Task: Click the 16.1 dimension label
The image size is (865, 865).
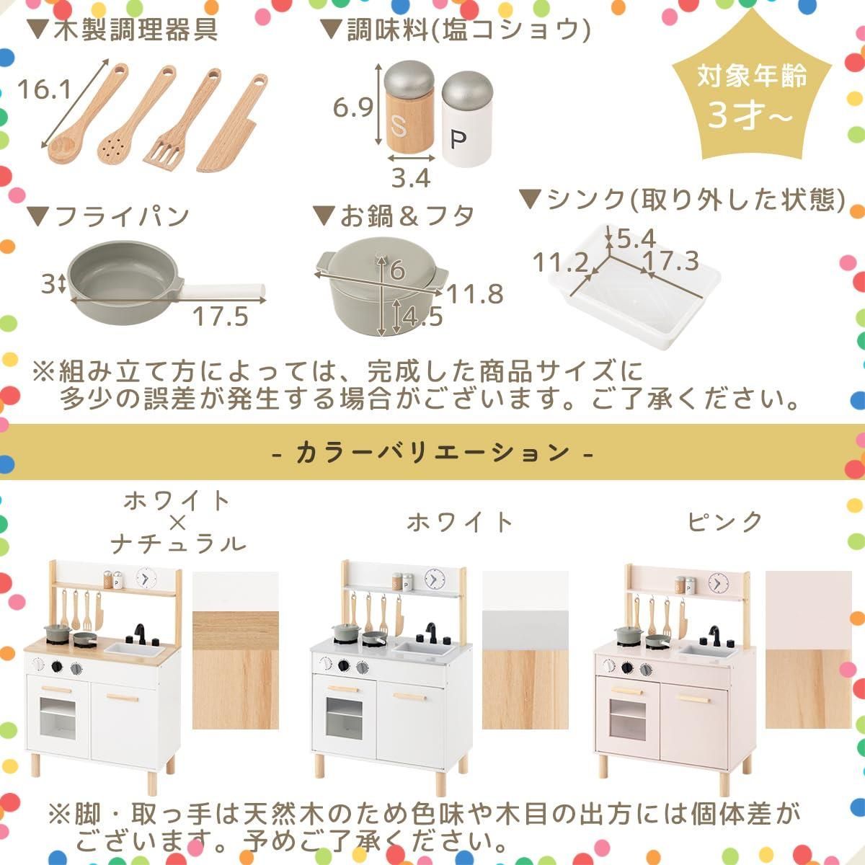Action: tap(44, 89)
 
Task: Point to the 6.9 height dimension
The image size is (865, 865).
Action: tap(352, 108)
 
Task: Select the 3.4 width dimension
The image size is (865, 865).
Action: tap(410, 177)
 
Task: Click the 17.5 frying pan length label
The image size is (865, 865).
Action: tap(220, 316)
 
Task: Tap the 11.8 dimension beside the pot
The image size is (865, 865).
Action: tap(474, 294)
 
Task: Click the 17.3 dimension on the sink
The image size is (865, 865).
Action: tap(670, 261)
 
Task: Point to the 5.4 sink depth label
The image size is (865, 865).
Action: tap(635, 237)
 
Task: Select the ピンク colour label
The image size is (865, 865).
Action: tap(724, 521)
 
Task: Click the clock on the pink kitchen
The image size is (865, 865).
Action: tap(717, 582)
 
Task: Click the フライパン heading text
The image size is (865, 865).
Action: tap(108, 217)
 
